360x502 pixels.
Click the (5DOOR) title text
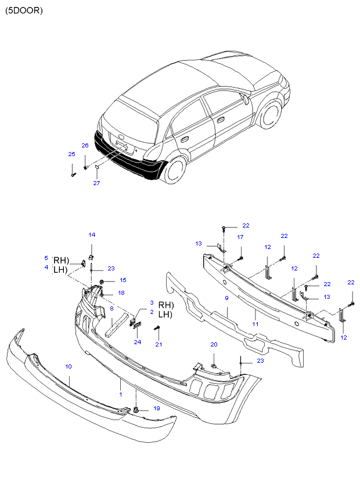pyautogui.click(x=24, y=10)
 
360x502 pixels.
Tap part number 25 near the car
pyautogui.click(x=72, y=154)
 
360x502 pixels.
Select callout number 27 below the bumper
pyautogui.click(x=96, y=183)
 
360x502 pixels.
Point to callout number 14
pyautogui.click(x=92, y=234)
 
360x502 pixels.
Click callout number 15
pyautogui.click(x=123, y=280)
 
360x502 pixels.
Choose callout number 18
pyautogui.click(x=121, y=293)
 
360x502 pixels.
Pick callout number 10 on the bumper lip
pyautogui.click(x=69, y=366)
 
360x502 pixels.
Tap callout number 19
pyautogui.click(x=156, y=409)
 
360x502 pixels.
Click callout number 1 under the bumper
pyautogui.click(x=121, y=394)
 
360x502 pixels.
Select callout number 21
pyautogui.click(x=158, y=345)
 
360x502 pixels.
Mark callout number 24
pyautogui.click(x=138, y=342)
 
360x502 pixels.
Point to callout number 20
pyautogui.click(x=214, y=345)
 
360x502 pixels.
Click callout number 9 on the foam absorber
pyautogui.click(x=227, y=298)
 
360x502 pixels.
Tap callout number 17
pyautogui.click(x=240, y=237)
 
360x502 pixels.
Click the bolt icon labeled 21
pyautogui.click(x=157, y=330)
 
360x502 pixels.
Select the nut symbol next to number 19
pyautogui.click(x=135, y=410)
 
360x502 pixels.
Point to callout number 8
pyautogui.click(x=111, y=309)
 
